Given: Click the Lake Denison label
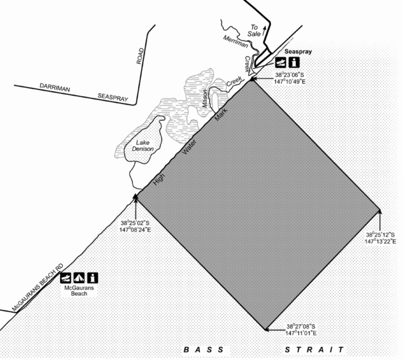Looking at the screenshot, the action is pos(143,146).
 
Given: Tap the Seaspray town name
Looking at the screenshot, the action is pos(298,52).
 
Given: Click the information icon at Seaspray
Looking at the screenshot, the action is pos(294,63).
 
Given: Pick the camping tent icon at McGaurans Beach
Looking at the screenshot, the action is pos(79,278).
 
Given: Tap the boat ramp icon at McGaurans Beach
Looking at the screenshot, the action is pos(66,278).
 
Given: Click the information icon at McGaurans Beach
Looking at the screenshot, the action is pos(92,278).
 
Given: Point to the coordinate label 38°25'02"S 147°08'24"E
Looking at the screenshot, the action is pos(135,227).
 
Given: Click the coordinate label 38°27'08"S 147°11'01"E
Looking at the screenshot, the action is pos(301,330).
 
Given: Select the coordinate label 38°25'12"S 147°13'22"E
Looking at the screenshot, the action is pos(380,238).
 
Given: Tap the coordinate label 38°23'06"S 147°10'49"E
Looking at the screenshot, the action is pos(290,78).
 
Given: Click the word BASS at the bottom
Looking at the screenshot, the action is pos(204,350).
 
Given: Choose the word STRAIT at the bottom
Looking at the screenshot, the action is pos(314,350).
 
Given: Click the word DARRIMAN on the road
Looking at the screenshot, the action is pos(54,87).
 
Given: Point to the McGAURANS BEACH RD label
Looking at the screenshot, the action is pos(38,288).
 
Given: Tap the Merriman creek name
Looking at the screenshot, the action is pos(236,42).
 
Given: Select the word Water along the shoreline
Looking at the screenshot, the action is pos(189,147).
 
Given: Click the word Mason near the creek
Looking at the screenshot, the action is pos(205,99).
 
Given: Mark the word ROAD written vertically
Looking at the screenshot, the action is pos(140,56).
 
